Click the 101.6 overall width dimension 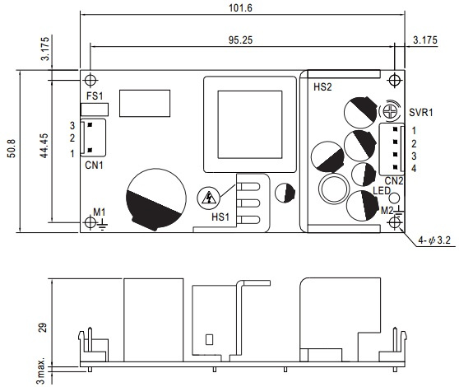(x=240, y=8)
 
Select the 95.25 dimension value (x=240, y=40)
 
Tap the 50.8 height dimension (x=12, y=148)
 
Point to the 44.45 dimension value (x=44, y=146)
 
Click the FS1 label (x=95, y=96)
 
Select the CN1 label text (x=94, y=166)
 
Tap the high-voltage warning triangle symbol (x=208, y=198)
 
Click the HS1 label (x=220, y=217)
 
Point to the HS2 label (x=322, y=87)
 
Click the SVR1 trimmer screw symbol (x=390, y=111)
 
